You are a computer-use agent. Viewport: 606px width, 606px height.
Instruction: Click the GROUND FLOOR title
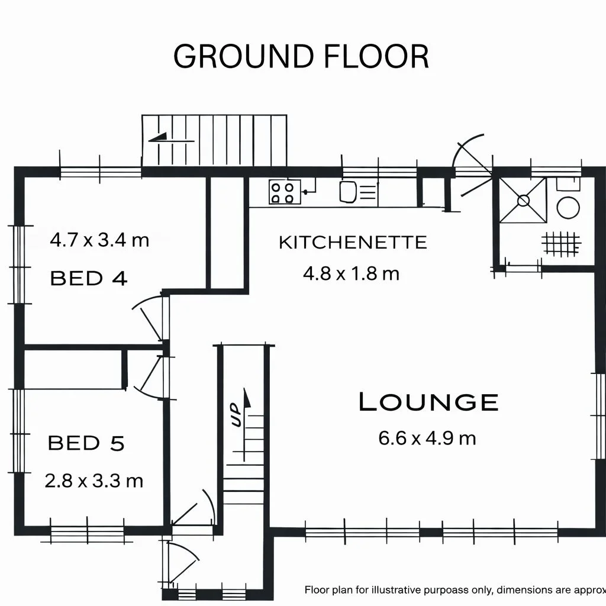tap(301, 56)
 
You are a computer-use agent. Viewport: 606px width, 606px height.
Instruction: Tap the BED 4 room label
tap(89, 278)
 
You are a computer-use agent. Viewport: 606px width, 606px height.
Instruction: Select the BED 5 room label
tap(86, 443)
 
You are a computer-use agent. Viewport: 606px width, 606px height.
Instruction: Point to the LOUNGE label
tap(428, 402)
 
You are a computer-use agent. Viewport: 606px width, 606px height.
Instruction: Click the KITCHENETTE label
tap(353, 243)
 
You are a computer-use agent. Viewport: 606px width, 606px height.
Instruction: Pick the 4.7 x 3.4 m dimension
tap(99, 240)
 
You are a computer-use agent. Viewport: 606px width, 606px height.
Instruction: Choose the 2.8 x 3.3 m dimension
tap(94, 481)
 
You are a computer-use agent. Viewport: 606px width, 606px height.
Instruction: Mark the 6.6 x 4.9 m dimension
tap(427, 439)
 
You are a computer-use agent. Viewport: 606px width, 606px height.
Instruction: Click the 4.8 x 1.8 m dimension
tap(351, 273)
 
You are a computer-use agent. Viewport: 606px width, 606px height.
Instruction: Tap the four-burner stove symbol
tap(285, 192)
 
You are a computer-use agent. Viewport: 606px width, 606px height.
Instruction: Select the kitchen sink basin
tap(348, 192)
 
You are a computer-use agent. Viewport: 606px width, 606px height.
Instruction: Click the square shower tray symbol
tap(523, 200)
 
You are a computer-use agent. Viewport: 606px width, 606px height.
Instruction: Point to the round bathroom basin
tap(568, 208)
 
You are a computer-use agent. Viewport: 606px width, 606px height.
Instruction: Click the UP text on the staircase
tap(236, 415)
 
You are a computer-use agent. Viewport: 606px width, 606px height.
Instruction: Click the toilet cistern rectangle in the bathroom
tap(568, 184)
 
